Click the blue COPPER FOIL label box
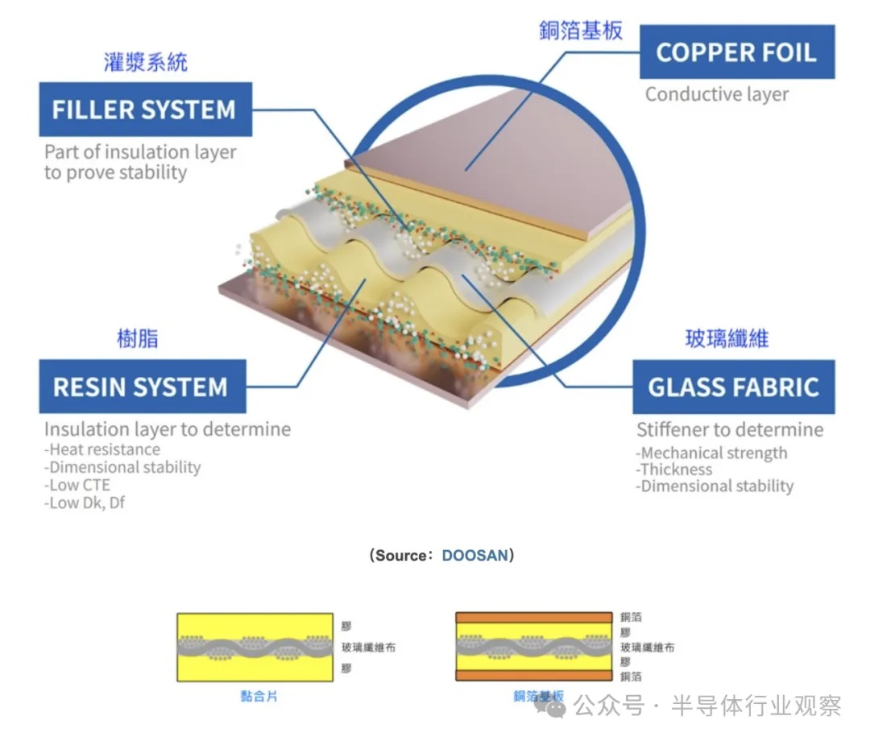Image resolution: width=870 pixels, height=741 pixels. coord(736,52)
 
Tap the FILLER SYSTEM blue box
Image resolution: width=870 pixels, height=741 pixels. coord(145,110)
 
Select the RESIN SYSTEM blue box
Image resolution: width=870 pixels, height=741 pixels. coord(143,387)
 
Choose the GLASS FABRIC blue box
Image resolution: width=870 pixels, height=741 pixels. coord(733,387)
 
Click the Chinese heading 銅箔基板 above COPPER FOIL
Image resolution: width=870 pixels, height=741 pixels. coord(581,31)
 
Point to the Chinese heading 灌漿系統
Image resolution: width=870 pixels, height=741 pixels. coord(146,63)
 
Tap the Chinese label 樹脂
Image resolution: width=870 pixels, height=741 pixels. coord(137,339)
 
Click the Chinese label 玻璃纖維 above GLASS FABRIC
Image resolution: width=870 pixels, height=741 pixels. coord(727,338)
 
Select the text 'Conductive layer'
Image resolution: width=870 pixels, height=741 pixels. coord(717,94)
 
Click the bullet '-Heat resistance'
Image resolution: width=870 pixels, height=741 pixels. coord(102,449)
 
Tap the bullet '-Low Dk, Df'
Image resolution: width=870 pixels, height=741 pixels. coord(85,503)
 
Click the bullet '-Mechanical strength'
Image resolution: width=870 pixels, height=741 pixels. coord(711,453)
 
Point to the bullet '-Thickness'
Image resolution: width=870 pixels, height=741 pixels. coord(674,470)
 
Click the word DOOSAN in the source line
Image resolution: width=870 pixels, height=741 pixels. coord(475,556)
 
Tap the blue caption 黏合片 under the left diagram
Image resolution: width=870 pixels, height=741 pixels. coord(259,696)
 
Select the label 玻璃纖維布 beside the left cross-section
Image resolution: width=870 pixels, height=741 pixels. coord(368,647)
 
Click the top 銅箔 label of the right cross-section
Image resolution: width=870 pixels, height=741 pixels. coord(631,617)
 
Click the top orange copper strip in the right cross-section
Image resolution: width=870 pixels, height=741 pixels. coord(534,618)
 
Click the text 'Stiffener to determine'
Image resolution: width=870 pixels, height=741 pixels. coord(730,429)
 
